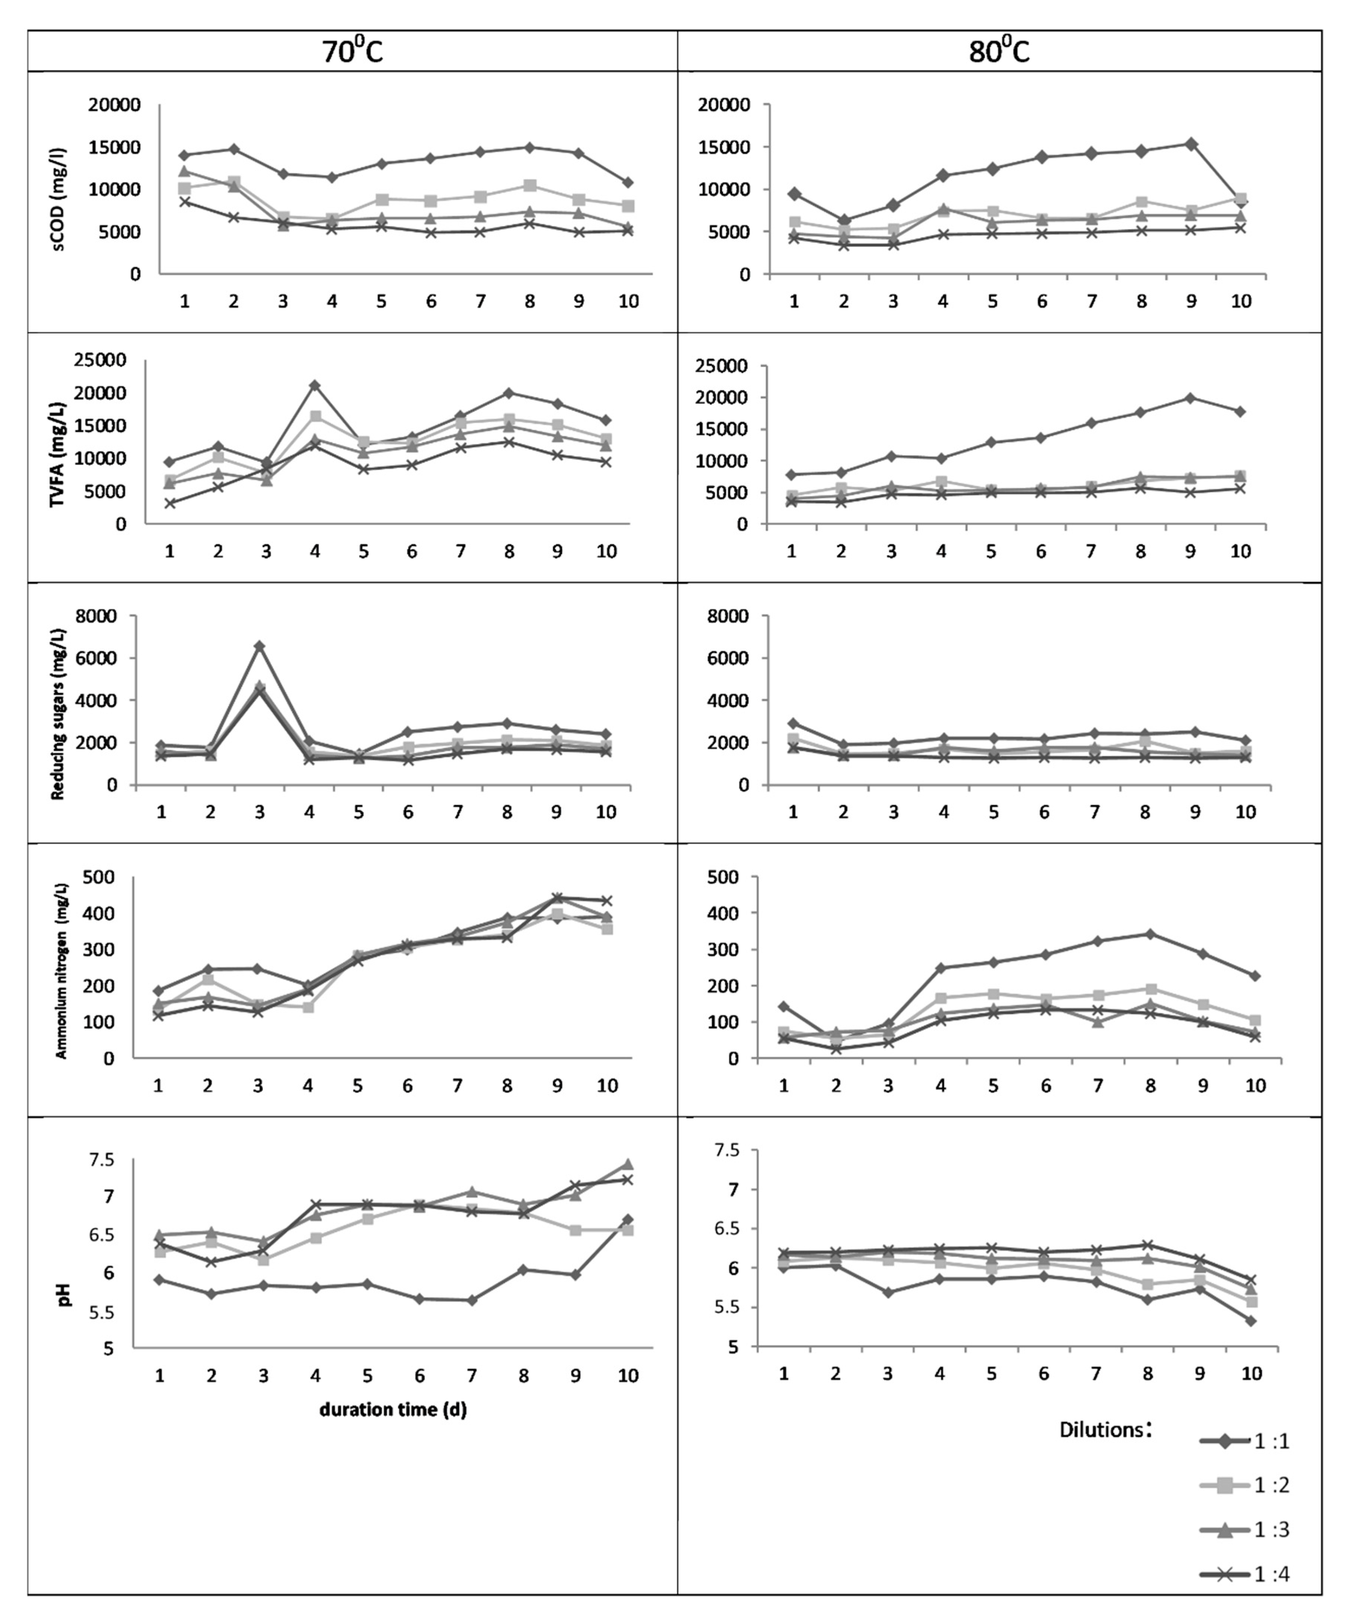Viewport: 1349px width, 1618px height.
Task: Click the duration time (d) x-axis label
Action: pos(393,1409)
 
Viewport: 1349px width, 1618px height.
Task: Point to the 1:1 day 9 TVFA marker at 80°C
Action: pos(1190,398)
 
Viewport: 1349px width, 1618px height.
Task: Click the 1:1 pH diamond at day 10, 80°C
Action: pos(1251,1321)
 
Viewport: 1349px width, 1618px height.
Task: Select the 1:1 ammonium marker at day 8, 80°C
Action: pos(1150,934)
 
